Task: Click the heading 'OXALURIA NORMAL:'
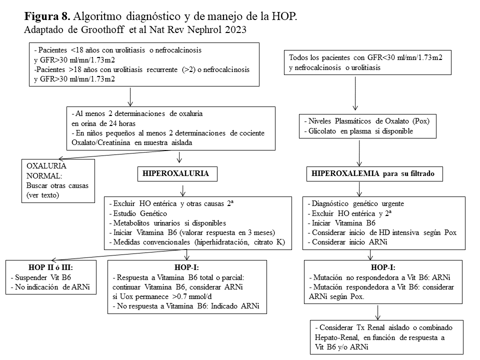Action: pos(46,170)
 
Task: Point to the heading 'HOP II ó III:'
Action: pos(51,268)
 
